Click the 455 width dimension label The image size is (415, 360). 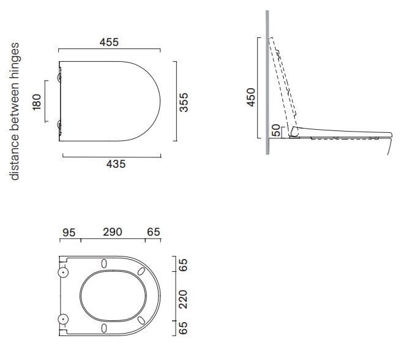click(x=109, y=42)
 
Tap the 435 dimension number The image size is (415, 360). click(x=116, y=164)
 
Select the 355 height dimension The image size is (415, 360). click(x=184, y=102)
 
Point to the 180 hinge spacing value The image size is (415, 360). click(x=37, y=102)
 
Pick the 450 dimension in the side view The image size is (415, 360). click(x=250, y=97)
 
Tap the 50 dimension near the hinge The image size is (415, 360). click(x=276, y=130)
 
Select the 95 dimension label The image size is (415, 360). click(x=69, y=233)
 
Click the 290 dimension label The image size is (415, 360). click(x=113, y=232)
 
